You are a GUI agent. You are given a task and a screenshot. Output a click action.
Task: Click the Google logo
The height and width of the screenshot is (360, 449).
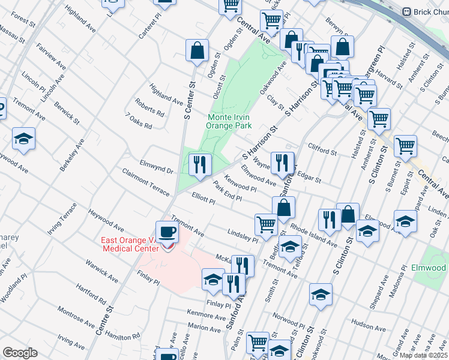tap(20, 353)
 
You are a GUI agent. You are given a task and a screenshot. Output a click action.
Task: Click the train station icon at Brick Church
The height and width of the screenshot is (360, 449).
tap(406, 11)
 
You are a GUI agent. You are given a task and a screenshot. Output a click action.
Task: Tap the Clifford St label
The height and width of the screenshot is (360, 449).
tap(322, 149)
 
